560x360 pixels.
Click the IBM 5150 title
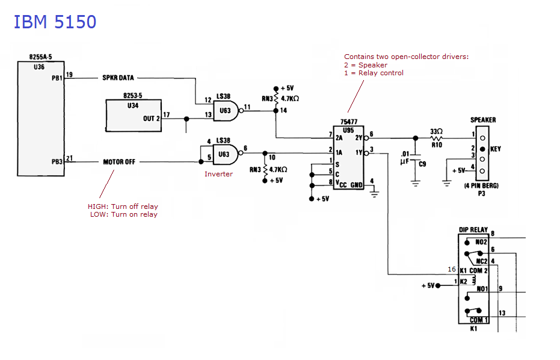click(x=55, y=22)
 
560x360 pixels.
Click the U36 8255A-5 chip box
click(x=41, y=119)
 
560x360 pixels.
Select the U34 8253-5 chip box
click(x=134, y=116)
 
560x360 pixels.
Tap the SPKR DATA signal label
click(x=118, y=78)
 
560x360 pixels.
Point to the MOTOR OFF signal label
click(x=119, y=162)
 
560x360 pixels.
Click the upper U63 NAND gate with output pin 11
click(x=226, y=111)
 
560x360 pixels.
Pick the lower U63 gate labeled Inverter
click(x=226, y=155)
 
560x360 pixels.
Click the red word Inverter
click(x=218, y=174)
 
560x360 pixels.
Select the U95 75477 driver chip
click(x=348, y=157)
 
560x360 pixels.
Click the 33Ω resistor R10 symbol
click(x=437, y=138)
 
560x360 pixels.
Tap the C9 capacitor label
click(x=422, y=164)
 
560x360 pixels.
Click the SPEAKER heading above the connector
click(x=483, y=120)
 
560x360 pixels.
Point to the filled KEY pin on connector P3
click(x=482, y=149)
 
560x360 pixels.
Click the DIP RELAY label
click(x=473, y=229)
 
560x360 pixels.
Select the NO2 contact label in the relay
click(x=481, y=242)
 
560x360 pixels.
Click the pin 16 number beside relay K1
click(x=452, y=269)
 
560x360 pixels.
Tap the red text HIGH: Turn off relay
click(x=123, y=206)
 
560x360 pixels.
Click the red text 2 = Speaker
click(x=366, y=65)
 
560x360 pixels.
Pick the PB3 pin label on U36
click(x=57, y=161)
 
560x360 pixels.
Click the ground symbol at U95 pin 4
click(x=374, y=194)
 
